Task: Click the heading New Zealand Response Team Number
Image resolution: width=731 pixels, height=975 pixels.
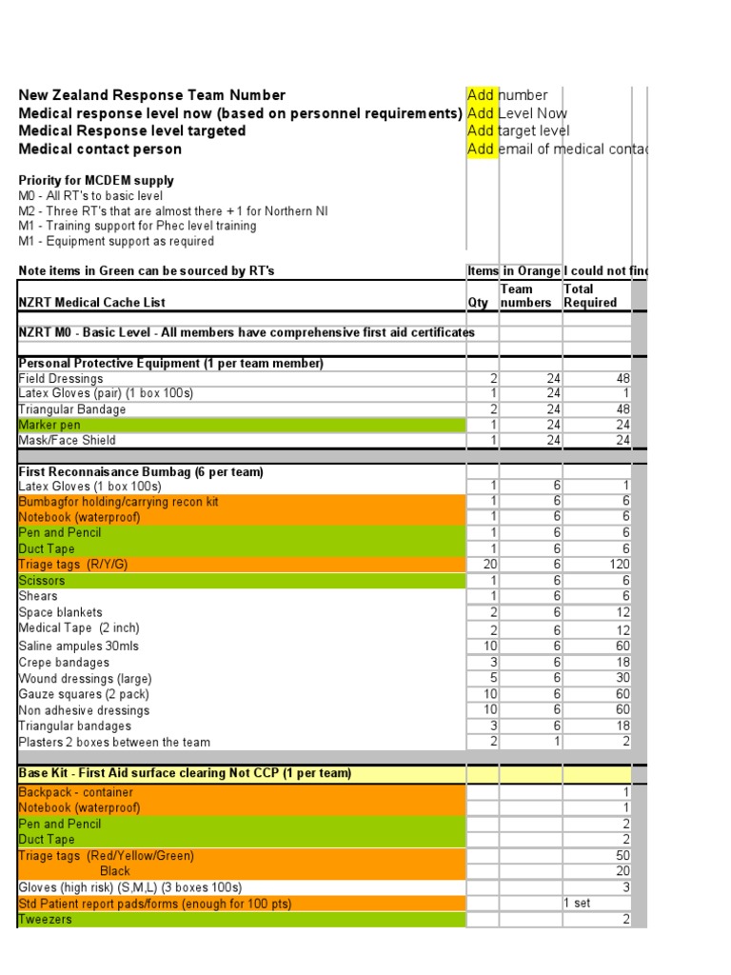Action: pos(152,95)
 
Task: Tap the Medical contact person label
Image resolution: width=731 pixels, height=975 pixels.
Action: pos(100,149)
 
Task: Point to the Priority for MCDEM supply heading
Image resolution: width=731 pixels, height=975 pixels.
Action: pos(96,181)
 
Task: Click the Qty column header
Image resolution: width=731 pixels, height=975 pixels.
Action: pos(478,303)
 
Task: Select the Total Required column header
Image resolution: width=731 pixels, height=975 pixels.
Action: pos(590,296)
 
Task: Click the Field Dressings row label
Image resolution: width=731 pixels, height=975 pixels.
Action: pos(61,379)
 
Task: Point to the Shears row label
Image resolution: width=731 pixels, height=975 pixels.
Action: pos(38,597)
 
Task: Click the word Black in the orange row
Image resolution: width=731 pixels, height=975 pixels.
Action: pos(115,871)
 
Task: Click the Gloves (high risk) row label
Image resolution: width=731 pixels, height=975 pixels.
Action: pos(129,887)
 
